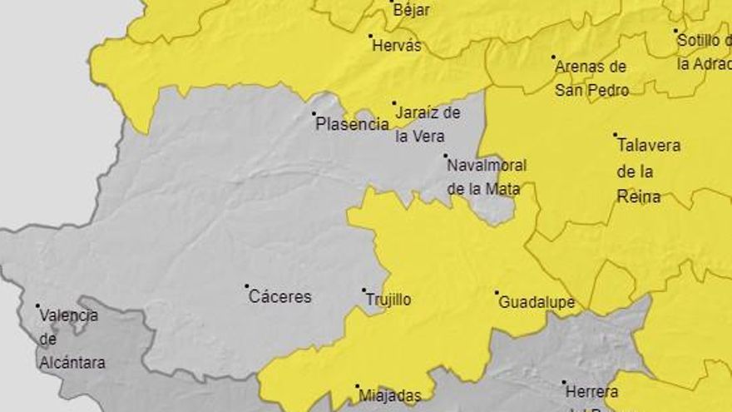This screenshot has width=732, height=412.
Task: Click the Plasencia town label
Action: coord(353,125)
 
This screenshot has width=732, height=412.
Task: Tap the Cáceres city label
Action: coord(280,297)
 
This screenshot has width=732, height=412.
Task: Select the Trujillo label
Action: coord(388,300)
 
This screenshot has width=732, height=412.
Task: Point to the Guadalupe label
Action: coord(537,303)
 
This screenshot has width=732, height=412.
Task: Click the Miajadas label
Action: coord(388,397)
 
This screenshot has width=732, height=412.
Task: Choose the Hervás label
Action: coord(397,47)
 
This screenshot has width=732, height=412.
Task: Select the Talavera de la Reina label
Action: coord(648,171)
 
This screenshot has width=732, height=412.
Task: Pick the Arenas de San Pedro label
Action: coord(591,78)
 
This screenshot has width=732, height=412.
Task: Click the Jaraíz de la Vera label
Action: coord(427,124)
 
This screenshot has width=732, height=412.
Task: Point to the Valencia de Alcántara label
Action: coord(70,339)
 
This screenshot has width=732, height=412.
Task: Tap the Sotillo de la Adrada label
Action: coord(704,51)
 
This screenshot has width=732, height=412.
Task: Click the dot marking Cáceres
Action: coord(247,286)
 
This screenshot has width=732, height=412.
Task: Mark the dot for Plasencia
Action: coord(314,114)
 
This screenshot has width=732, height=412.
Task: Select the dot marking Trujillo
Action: coord(364,290)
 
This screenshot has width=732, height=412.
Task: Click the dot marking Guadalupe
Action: coord(497,293)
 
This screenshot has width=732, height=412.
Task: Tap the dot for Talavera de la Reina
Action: coord(616,135)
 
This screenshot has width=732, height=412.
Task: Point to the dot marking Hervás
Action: coord(370,36)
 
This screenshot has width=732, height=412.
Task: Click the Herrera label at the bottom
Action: coord(591,392)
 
